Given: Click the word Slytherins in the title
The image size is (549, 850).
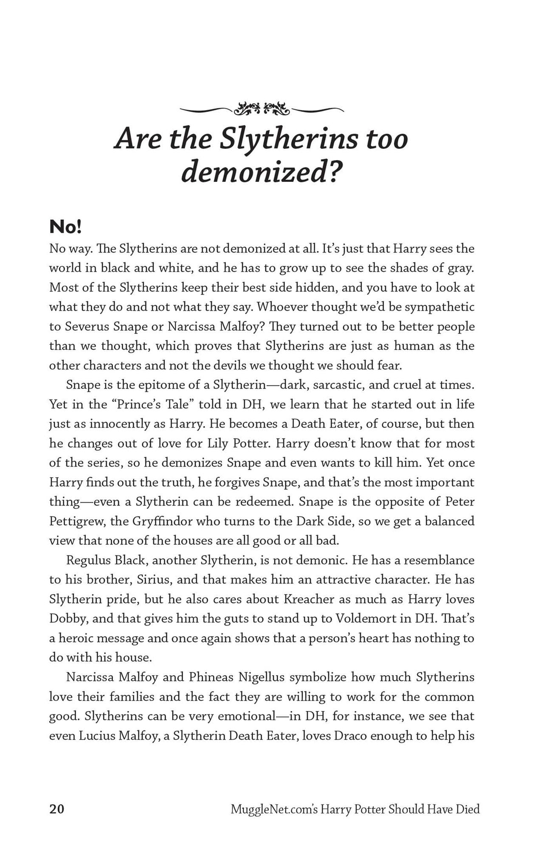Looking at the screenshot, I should point(288,139).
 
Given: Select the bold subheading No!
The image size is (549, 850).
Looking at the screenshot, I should point(65,227).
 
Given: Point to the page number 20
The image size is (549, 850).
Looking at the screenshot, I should point(57,809).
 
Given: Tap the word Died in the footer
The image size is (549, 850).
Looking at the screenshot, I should point(467,809).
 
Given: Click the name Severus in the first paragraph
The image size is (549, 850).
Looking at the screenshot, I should point(87,326).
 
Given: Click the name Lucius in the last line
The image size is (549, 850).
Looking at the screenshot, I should point(97,736).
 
